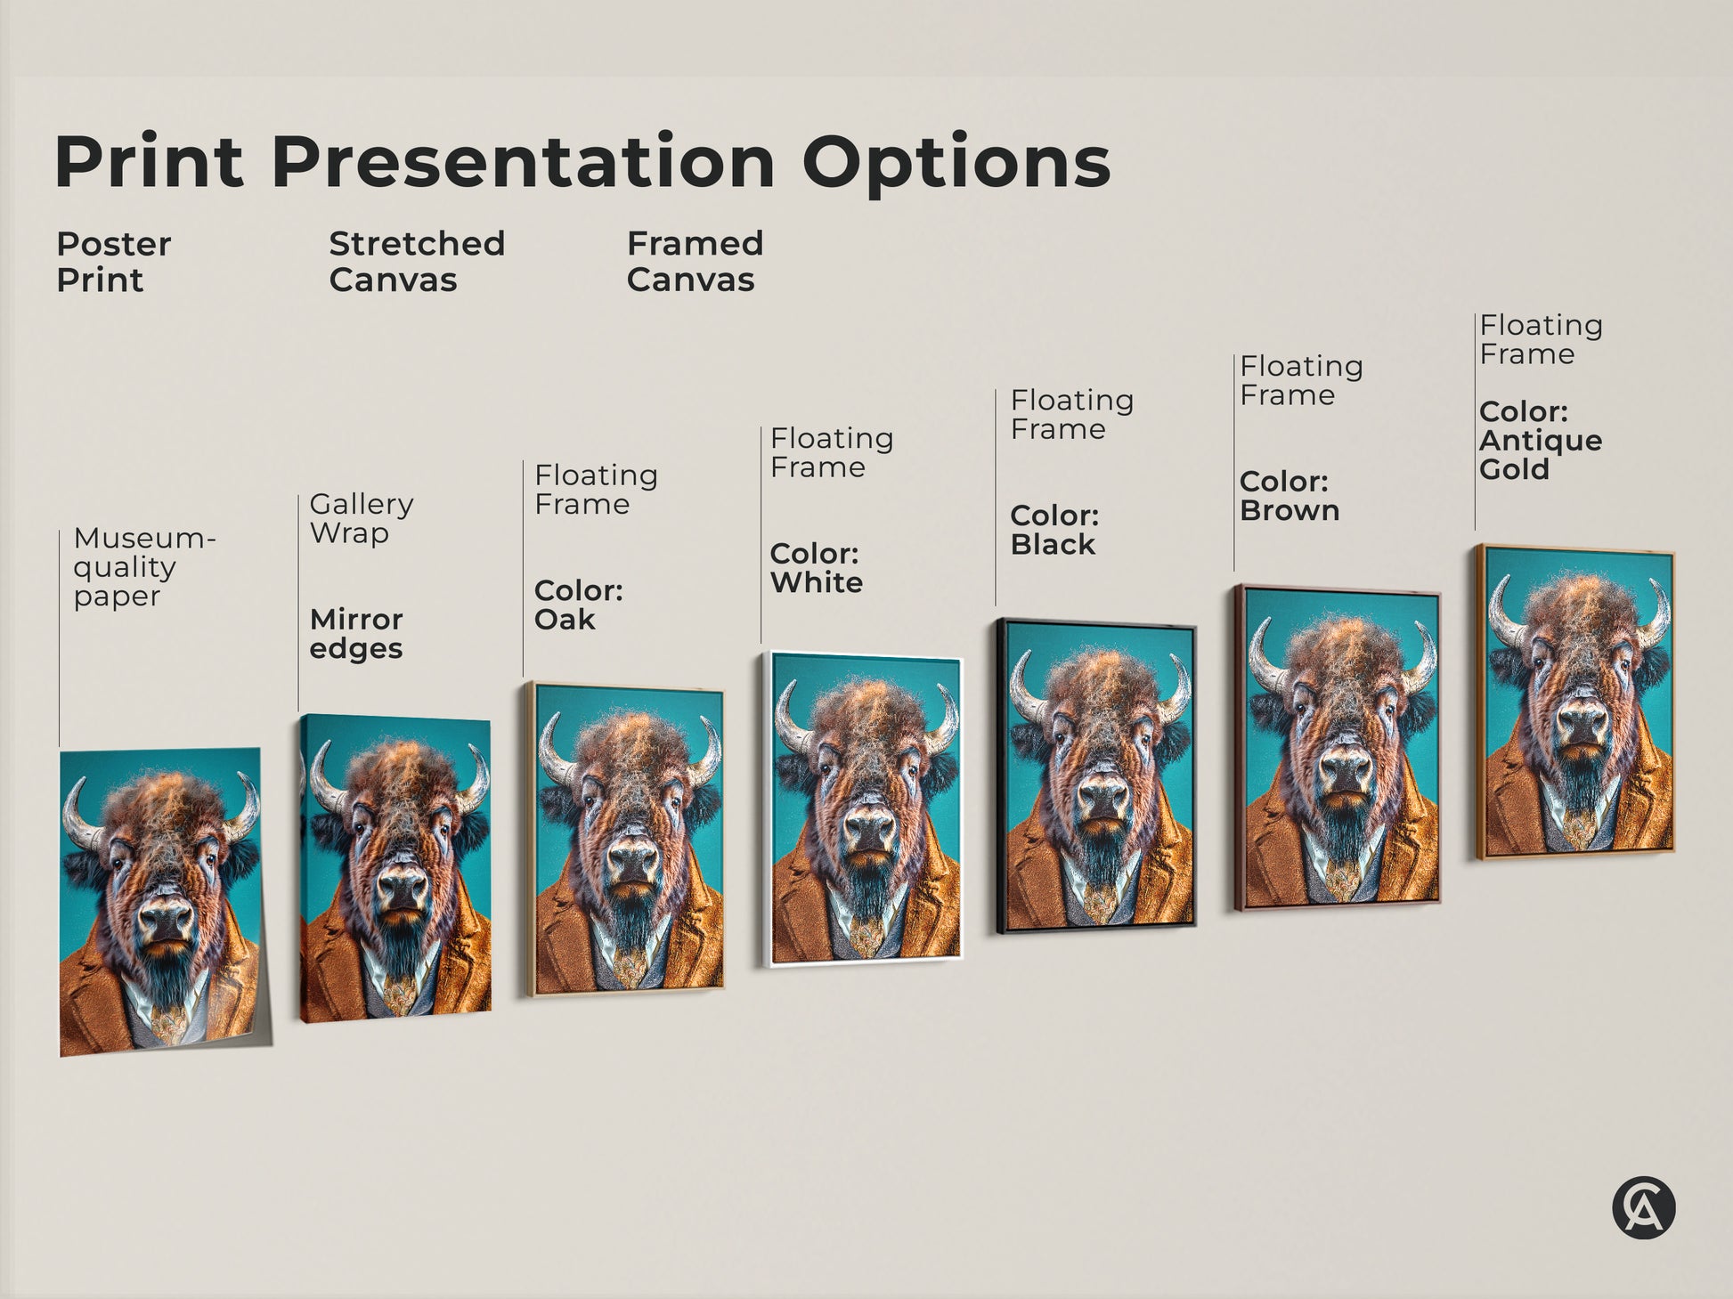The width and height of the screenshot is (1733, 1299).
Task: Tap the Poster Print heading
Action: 113,262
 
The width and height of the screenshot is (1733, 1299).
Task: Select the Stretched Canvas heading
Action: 416,262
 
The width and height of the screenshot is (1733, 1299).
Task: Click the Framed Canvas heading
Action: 695,262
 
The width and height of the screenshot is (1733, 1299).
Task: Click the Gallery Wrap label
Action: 361,518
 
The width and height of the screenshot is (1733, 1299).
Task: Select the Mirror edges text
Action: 356,633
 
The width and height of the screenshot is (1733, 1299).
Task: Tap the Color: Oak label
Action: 578,605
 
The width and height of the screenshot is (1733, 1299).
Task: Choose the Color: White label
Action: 816,568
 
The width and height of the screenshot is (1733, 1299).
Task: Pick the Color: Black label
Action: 1054,530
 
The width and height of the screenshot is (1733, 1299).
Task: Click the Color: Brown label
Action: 1289,496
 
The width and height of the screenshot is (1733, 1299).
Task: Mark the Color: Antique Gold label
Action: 1540,440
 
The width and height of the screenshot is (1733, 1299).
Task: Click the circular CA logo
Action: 1643,1208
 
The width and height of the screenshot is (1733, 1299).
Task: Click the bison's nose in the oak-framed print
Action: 633,857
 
